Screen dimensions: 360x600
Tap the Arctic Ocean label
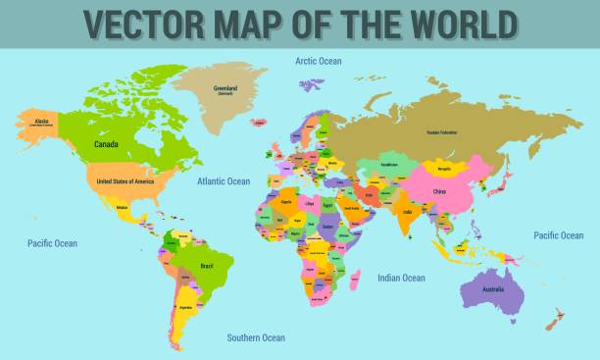point(319,61)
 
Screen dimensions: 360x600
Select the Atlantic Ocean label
point(225,181)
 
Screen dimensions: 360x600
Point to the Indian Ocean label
point(402,278)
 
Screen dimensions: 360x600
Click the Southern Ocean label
point(256,337)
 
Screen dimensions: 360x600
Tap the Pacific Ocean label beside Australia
point(558,235)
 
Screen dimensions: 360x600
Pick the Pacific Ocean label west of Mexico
point(52,243)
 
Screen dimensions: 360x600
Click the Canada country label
point(107,144)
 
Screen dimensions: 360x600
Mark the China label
point(438,192)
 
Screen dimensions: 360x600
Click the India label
point(407,211)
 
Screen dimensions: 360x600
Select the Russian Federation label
point(442,131)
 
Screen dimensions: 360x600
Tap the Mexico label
point(123,207)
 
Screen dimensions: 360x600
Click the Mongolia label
point(444,169)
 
